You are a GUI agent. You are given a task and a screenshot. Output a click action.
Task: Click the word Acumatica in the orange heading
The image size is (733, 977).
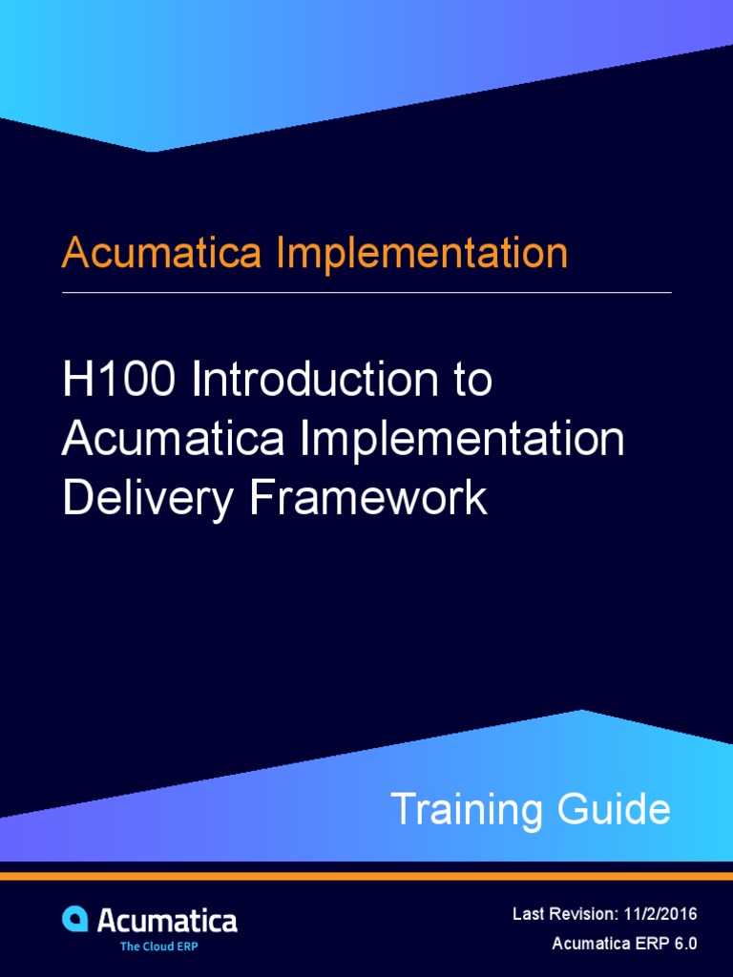click(162, 253)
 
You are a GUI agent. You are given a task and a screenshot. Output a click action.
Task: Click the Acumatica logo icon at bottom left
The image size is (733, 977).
click(75, 919)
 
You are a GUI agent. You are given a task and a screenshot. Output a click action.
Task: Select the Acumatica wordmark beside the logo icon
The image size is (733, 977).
click(167, 921)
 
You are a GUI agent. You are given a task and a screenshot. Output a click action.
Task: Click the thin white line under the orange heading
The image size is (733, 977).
click(366, 292)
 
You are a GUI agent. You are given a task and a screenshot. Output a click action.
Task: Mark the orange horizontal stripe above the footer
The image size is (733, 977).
click(366, 875)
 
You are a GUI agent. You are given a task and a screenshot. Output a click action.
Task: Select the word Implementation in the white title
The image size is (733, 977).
click(463, 440)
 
